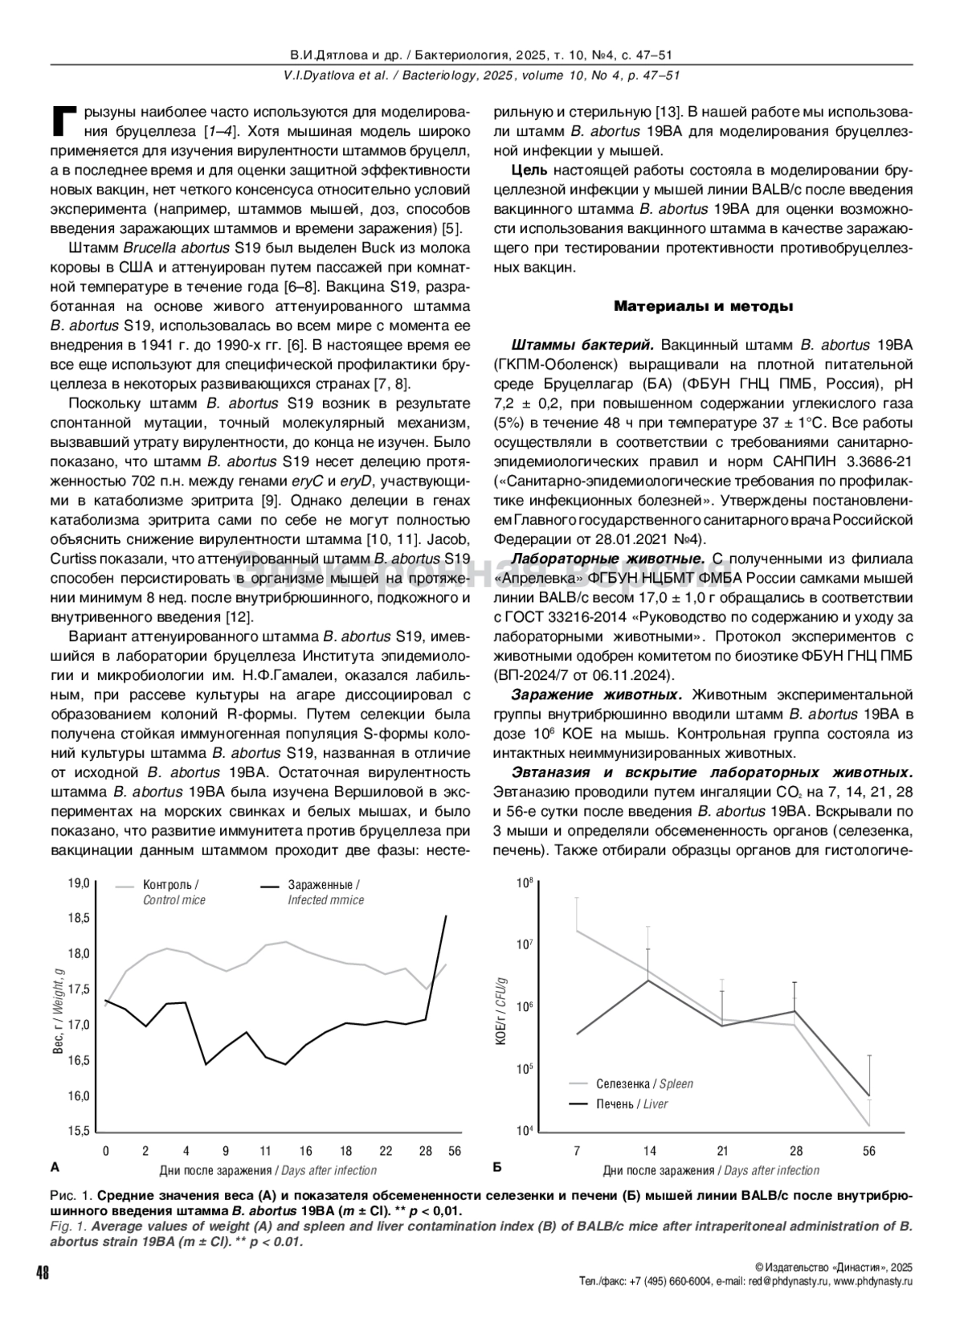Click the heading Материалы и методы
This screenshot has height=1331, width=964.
[704, 306]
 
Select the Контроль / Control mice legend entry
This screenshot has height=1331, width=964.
[174, 892]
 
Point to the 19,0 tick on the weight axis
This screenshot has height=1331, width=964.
[78, 883]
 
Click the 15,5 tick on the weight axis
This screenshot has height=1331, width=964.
[78, 1131]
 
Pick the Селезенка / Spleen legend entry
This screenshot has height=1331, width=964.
[643, 1083]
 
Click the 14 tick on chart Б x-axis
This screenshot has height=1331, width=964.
[649, 1151]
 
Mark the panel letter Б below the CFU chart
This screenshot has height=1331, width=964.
[496, 1165]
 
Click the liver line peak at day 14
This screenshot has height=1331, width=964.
[649, 980]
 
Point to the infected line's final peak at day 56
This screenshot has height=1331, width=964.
[446, 915]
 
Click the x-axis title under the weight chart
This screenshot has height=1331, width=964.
[268, 1170]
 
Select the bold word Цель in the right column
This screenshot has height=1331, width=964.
[529, 170]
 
